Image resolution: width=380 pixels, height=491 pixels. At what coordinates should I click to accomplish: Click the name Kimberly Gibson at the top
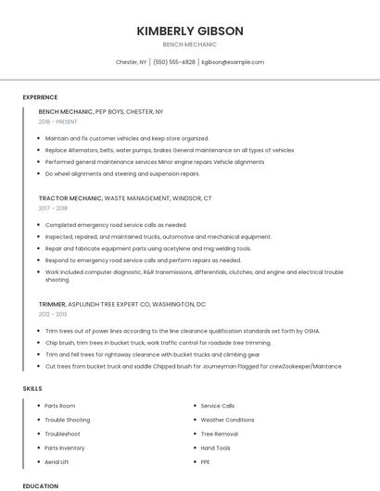190,31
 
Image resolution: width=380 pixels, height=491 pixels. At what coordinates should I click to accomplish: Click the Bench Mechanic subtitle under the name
190,44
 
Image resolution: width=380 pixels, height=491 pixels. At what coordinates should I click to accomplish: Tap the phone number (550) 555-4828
174,62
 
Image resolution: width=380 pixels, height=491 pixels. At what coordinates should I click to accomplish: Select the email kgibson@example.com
233,62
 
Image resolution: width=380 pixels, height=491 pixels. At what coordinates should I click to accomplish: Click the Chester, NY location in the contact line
131,62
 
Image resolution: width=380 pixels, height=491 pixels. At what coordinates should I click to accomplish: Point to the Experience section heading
40,97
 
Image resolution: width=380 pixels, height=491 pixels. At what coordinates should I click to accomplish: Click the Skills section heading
32,387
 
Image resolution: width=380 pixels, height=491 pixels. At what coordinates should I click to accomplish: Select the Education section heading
40,485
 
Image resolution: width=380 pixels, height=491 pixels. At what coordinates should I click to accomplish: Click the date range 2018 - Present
58,121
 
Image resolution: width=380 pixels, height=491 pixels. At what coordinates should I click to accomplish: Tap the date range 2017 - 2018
54,208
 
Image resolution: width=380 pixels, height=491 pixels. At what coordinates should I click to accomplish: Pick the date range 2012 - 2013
54,315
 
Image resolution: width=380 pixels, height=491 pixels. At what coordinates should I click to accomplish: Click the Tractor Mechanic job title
70,198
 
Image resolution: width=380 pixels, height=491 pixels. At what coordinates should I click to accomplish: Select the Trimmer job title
52,304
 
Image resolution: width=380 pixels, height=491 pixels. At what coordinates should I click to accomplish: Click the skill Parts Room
60,406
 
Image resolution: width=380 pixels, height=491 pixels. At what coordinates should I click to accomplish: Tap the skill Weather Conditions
226,420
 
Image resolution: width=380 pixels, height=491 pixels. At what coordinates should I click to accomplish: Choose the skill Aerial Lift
57,461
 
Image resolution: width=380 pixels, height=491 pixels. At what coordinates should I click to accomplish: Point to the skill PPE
206,461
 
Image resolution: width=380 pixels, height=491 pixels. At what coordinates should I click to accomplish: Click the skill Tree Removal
220,434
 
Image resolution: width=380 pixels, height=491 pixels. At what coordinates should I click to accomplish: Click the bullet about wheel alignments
122,173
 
